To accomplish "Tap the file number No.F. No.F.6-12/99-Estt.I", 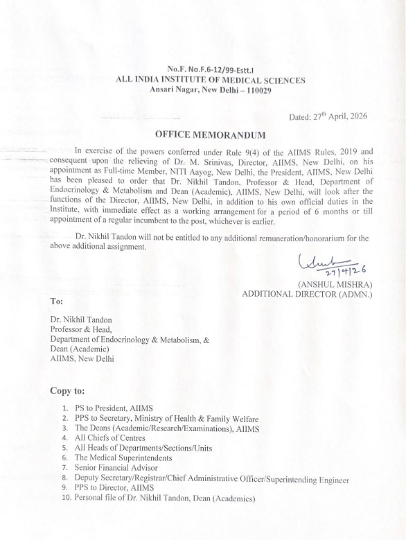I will [211, 70].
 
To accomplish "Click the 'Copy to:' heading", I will [69, 391].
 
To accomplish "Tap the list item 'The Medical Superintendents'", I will [123, 458].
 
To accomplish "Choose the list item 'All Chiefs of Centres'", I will [110, 438].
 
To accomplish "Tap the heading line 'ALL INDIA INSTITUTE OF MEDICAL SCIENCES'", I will [211, 80].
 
